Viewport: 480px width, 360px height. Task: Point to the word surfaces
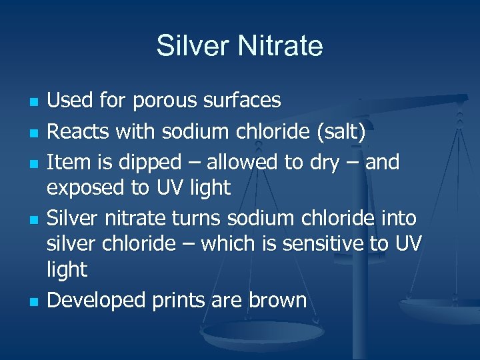point(247,101)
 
